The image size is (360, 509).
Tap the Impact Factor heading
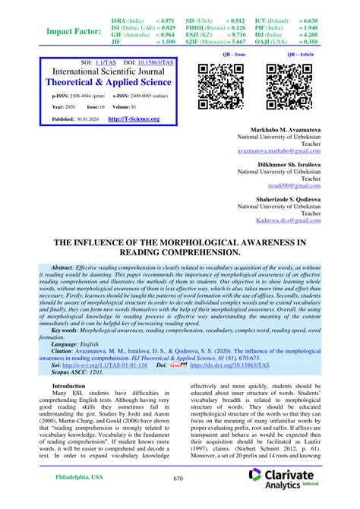74,31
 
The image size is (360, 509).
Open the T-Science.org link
134,119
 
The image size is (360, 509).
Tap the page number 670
178,478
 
